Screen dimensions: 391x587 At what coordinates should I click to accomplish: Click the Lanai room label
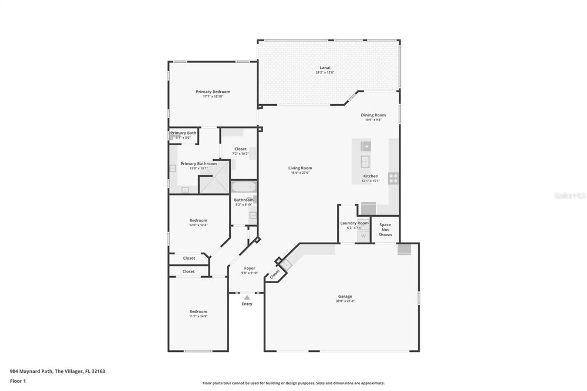tap(325, 68)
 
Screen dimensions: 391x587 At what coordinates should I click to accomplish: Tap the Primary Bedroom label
tap(213, 92)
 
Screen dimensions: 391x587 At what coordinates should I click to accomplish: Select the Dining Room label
tap(373, 115)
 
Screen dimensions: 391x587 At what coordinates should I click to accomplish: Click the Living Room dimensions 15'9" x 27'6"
tap(300, 173)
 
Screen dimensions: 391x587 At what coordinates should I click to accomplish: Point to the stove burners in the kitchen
tap(393, 178)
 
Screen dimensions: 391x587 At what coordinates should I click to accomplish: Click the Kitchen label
tap(371, 176)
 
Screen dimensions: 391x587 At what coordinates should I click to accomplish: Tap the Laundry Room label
tap(354, 223)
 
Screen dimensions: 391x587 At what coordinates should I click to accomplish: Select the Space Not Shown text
tap(385, 230)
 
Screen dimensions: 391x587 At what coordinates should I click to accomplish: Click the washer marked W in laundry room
tap(363, 236)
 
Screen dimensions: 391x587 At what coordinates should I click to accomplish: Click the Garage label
tap(345, 296)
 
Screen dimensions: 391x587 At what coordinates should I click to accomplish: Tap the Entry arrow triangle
tap(247, 298)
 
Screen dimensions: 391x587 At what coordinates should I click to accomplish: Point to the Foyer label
tap(249, 268)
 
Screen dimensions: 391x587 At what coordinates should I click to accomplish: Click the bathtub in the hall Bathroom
tap(244, 187)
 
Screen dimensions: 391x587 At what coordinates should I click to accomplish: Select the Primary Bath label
tap(183, 133)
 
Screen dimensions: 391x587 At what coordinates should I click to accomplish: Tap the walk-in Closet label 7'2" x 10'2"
tap(240, 149)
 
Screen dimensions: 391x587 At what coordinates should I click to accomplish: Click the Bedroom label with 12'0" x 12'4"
tap(198, 220)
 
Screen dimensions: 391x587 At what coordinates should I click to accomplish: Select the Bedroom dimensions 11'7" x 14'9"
tap(198, 316)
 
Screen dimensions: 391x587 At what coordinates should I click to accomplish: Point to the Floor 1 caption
tap(18, 381)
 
